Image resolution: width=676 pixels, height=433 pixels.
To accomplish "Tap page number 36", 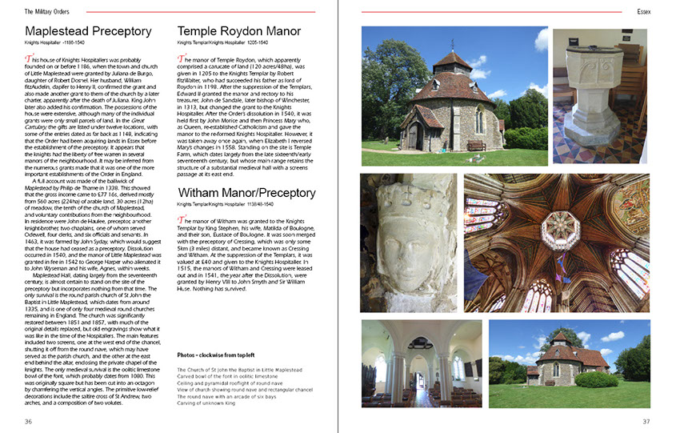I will [29, 422].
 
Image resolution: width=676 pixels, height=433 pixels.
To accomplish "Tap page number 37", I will [646, 422].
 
